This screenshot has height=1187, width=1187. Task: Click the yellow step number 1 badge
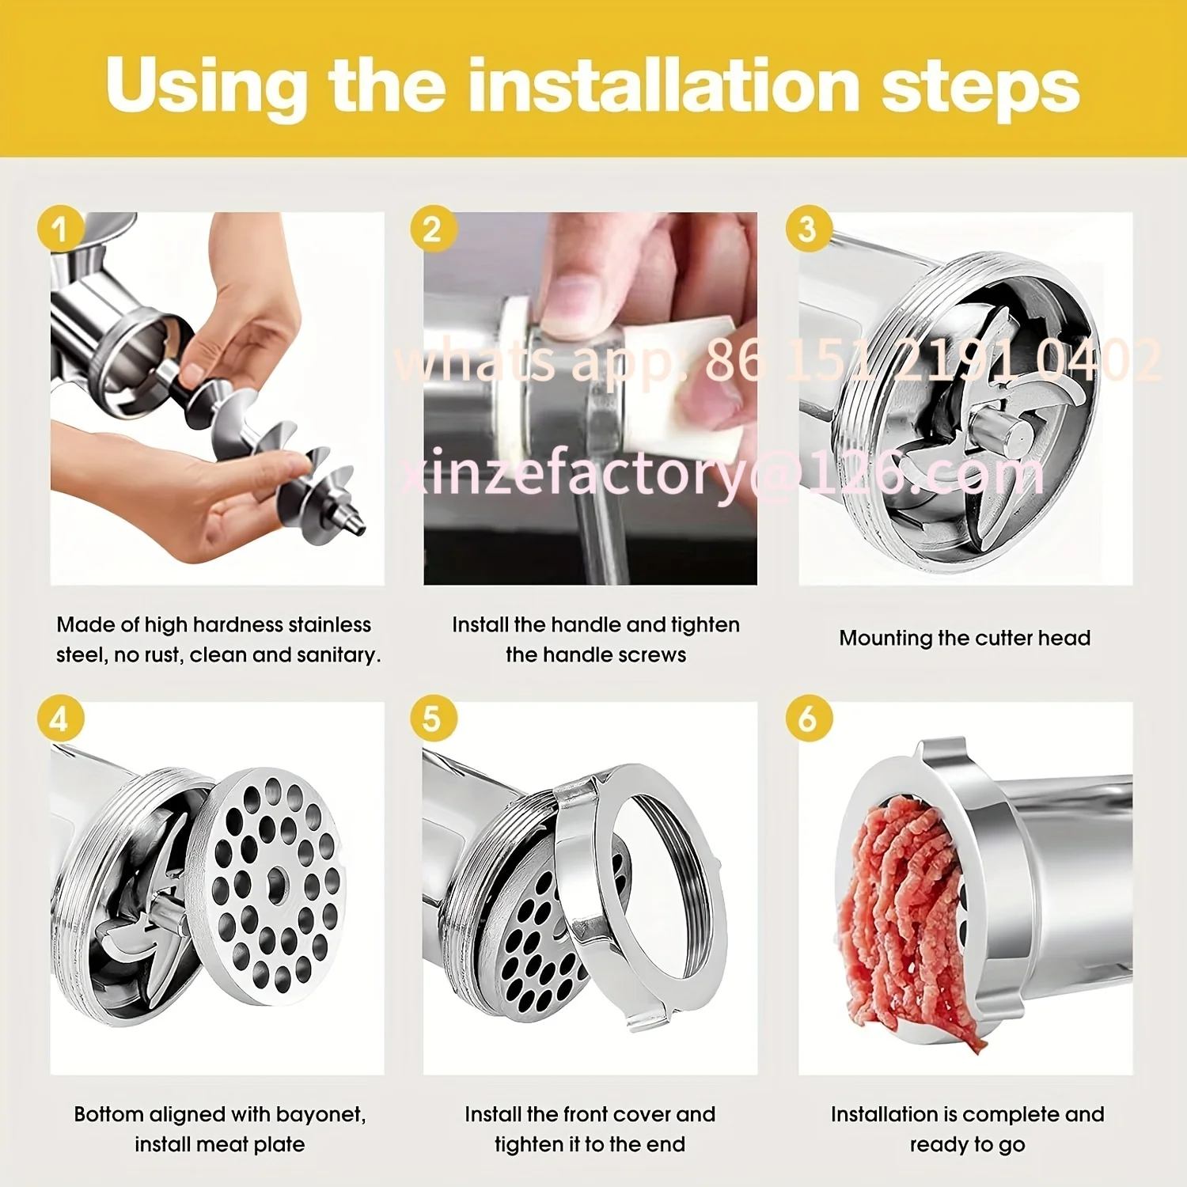(x=61, y=229)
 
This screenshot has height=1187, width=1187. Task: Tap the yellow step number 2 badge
(x=434, y=229)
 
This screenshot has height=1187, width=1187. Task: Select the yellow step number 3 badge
(x=809, y=229)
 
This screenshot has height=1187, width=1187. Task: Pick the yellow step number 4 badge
(x=61, y=719)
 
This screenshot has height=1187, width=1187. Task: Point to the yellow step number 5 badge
(x=434, y=719)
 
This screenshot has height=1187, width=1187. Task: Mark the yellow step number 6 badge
(x=809, y=719)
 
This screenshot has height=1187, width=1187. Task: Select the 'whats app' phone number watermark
(x=778, y=360)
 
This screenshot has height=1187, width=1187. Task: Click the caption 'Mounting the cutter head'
(x=965, y=638)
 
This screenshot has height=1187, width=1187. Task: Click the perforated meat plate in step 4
(x=267, y=886)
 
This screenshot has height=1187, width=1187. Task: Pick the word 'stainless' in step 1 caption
(x=329, y=624)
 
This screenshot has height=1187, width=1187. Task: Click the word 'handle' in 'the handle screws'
(x=584, y=654)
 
